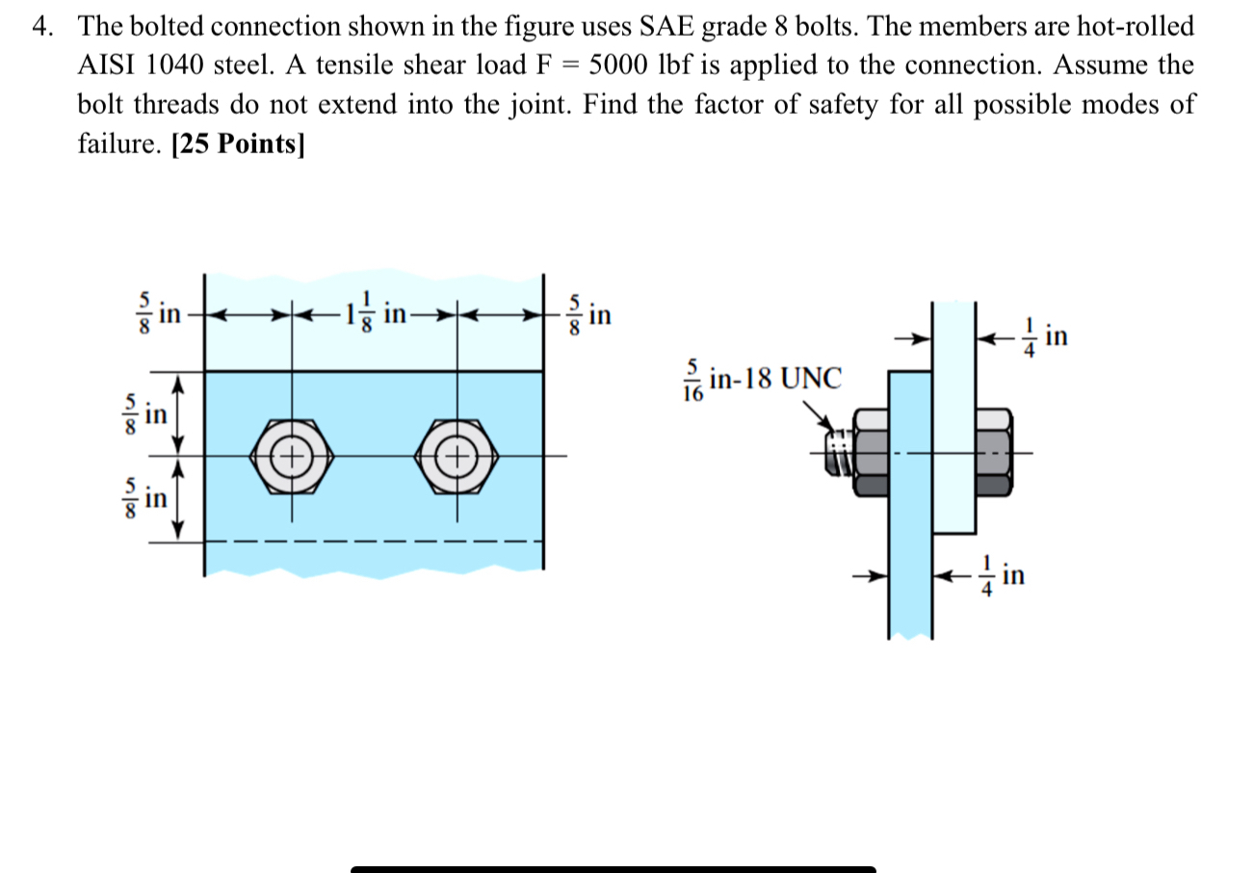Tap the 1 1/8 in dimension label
[x=382, y=314]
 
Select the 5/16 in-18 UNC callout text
[x=762, y=379]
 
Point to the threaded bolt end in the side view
[x=839, y=452]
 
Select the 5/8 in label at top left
[x=158, y=314]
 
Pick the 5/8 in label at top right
[x=587, y=315]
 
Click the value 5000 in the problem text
[x=622, y=66]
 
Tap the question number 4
[x=40, y=26]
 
